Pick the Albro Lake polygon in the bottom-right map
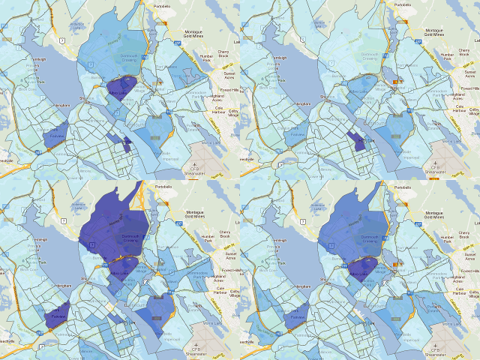coord(361,270)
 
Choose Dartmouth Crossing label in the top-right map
coord(352,58)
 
